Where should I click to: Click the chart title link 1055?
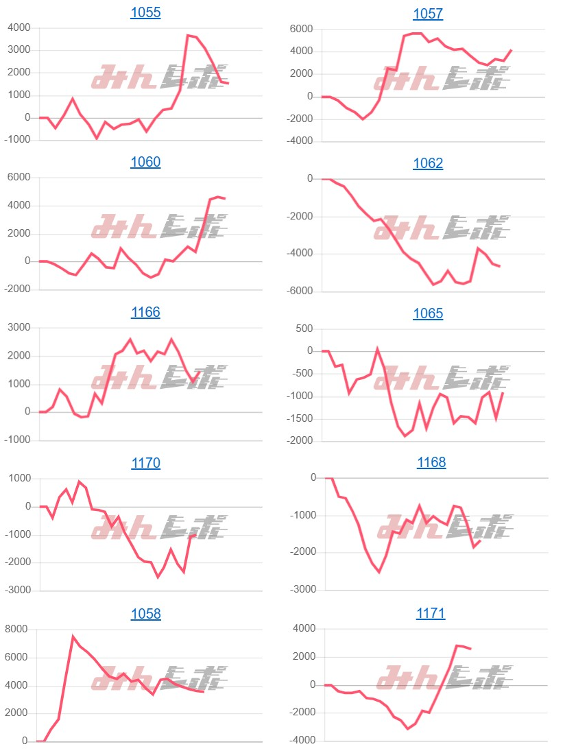click(x=145, y=12)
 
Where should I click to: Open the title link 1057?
click(x=428, y=14)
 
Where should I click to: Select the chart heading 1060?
click(x=145, y=163)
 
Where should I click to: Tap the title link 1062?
click(x=428, y=164)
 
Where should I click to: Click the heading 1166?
click(x=145, y=313)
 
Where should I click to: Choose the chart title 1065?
click(x=428, y=314)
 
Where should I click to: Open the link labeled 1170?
click(x=145, y=463)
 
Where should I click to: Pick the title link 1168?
click(x=431, y=463)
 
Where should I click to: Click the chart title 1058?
click(x=145, y=614)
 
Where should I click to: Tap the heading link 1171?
click(x=431, y=614)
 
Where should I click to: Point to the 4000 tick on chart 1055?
click(x=19, y=27)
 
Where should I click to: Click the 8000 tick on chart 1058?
click(x=16, y=629)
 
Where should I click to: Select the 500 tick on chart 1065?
click(x=302, y=329)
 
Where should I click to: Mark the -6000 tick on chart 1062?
click(x=299, y=291)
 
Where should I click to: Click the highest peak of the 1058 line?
click(x=73, y=636)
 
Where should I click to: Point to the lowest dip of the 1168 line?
click(x=379, y=572)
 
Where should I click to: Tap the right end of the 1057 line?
click(x=512, y=49)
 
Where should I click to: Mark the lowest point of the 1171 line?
click(x=407, y=728)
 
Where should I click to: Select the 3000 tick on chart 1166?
click(x=19, y=328)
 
